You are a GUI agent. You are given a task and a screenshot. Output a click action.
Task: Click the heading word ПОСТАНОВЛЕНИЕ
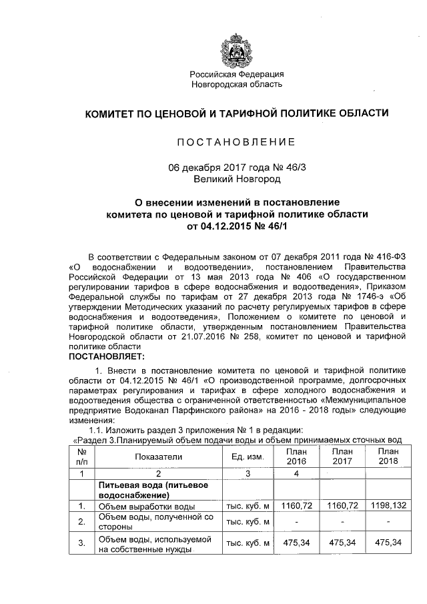point(237,142)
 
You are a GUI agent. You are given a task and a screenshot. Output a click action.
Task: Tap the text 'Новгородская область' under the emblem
point(237,85)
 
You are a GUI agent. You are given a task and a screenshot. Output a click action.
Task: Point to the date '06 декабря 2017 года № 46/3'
point(237,168)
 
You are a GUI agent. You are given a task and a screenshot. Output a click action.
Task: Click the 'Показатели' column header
point(158,457)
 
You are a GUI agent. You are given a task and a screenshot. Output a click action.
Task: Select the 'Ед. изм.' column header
point(248,457)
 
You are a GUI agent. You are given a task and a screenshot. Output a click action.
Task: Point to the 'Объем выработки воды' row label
point(146,506)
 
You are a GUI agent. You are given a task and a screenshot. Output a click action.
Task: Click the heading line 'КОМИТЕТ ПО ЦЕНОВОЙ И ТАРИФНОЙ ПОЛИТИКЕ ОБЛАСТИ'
point(236,114)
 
